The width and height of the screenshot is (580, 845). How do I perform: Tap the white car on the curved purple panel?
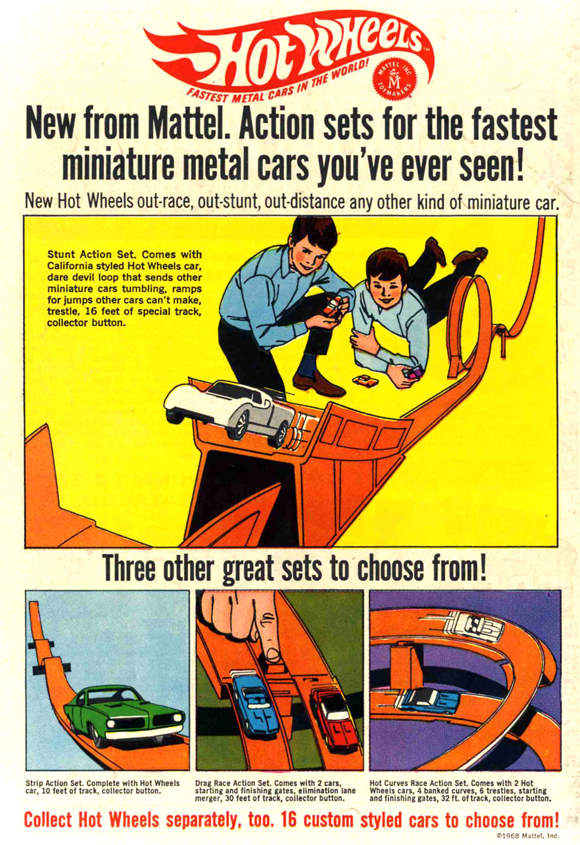[x=474, y=626]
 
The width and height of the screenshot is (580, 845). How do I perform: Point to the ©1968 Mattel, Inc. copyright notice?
[x=527, y=835]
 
